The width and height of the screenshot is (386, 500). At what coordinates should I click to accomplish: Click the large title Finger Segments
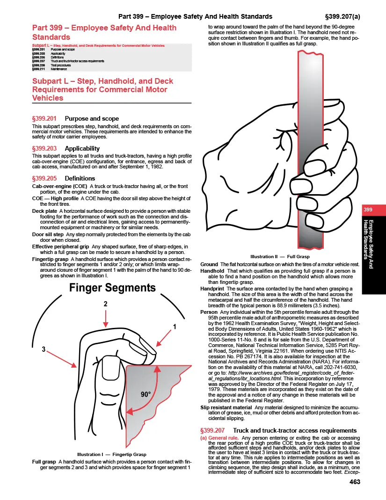click(112, 288)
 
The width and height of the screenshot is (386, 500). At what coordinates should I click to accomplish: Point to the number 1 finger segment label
click(175, 327)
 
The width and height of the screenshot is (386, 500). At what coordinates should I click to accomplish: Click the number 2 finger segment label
click(106, 304)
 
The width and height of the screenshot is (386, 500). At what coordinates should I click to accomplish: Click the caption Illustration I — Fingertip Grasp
click(112, 454)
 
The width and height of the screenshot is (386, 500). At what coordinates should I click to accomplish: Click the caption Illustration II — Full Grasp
click(280, 257)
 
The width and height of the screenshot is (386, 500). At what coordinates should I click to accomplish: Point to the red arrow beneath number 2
click(106, 319)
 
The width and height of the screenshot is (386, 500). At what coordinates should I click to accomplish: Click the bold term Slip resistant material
click(226, 407)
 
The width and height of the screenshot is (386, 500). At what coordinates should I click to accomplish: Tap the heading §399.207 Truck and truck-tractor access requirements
click(278, 430)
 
